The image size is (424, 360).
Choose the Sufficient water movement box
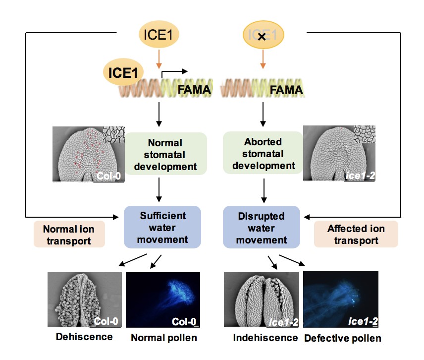tap(163, 228)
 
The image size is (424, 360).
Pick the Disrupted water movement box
tap(261, 228)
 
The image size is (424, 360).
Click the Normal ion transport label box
tap(69, 235)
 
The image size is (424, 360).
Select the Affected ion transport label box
tap(356, 235)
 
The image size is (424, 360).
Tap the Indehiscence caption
tap(265, 338)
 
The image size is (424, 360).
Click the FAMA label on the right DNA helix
tap(284, 91)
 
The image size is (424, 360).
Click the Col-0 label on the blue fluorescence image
tap(183, 321)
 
